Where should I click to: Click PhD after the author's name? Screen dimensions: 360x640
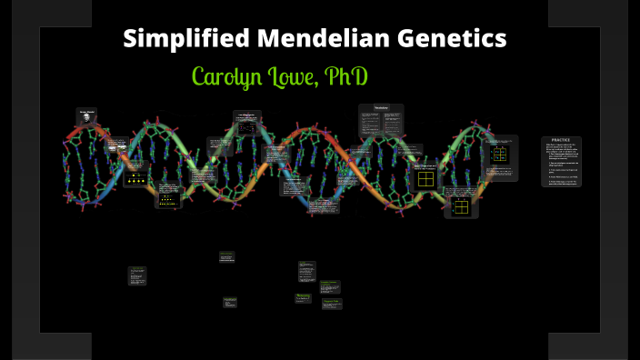point(348,76)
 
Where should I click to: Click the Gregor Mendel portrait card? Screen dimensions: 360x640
point(87,117)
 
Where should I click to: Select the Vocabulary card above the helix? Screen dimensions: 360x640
point(381,121)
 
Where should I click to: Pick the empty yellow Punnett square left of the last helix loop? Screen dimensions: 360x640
point(425,178)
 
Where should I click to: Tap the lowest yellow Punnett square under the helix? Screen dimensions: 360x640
point(461,206)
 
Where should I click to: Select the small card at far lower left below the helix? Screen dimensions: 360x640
point(137,275)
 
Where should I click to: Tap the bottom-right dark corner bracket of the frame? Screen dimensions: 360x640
point(588,345)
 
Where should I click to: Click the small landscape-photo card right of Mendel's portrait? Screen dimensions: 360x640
point(115,145)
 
